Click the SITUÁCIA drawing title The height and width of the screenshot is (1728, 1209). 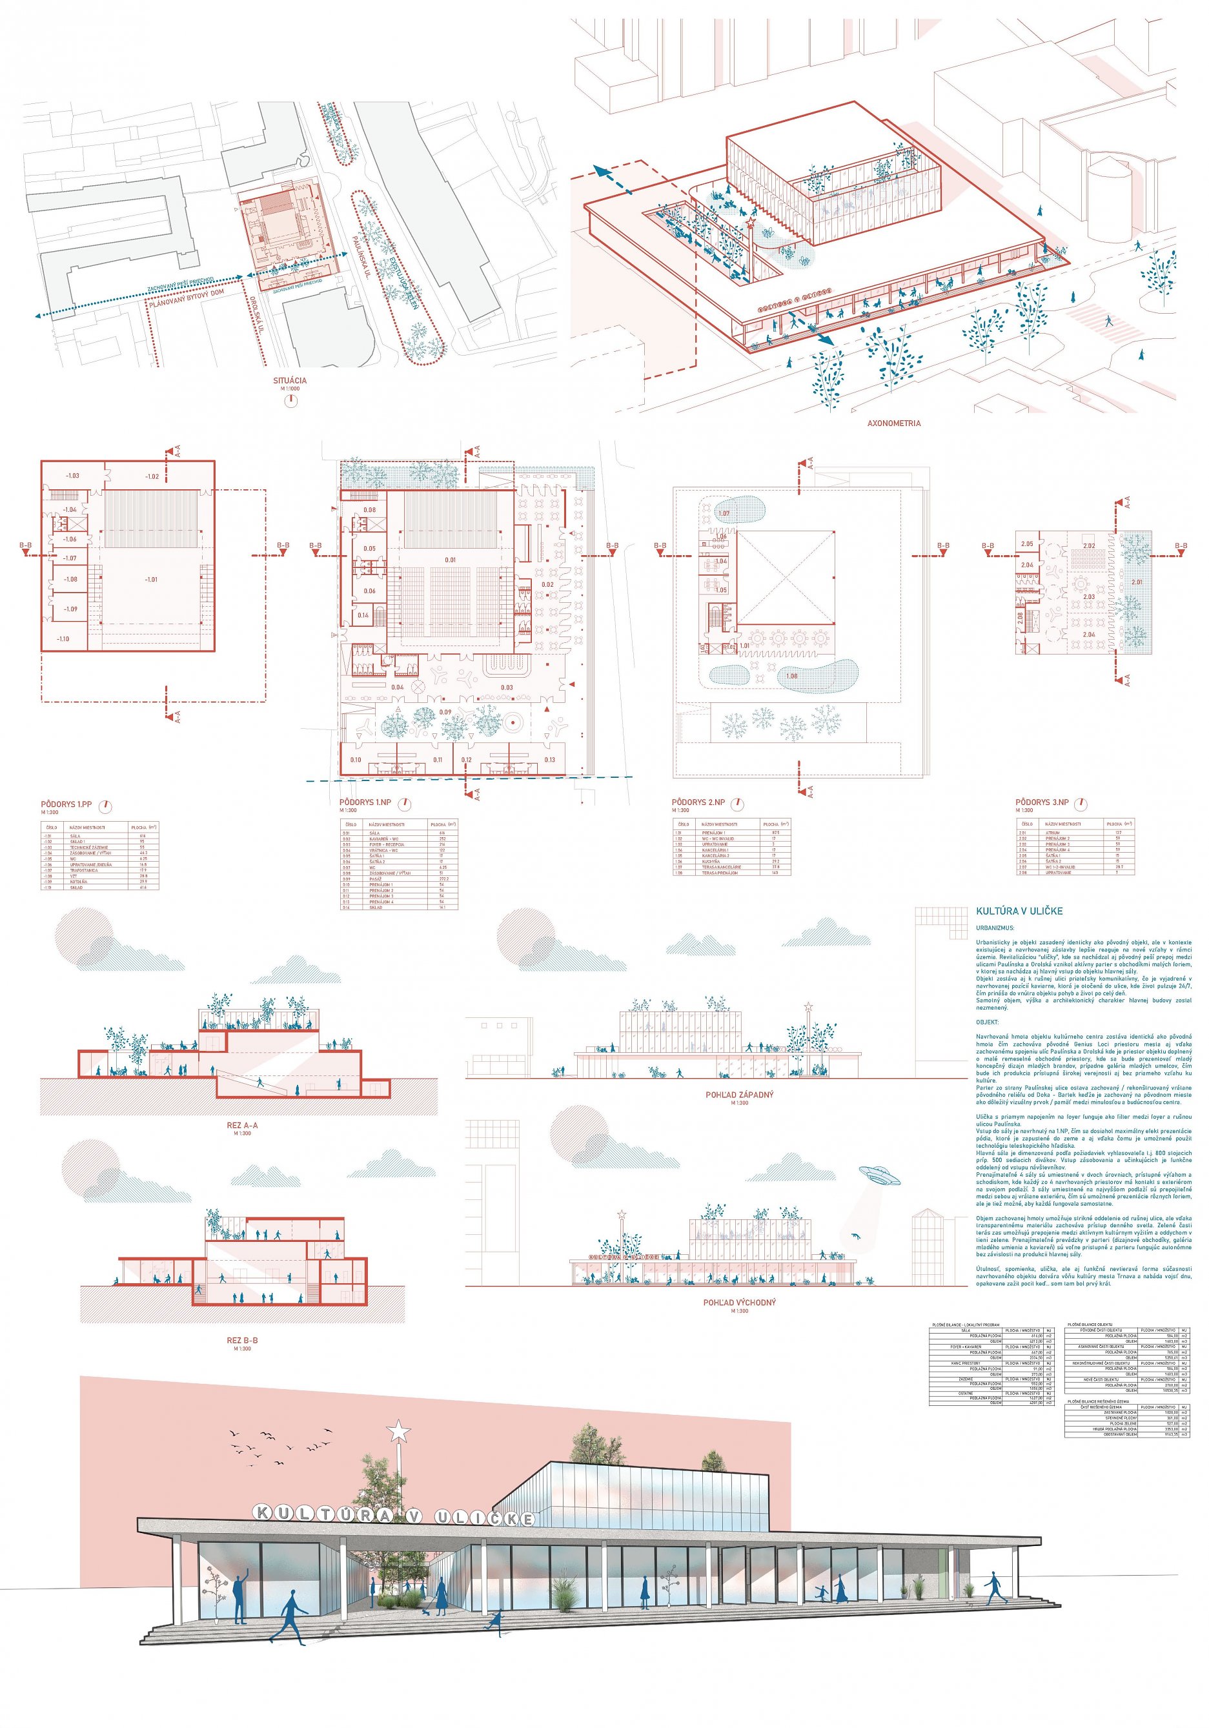[290, 381]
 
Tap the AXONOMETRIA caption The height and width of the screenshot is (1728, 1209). [893, 423]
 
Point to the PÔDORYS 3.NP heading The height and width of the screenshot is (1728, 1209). [1042, 803]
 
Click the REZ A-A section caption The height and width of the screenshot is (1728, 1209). [241, 1126]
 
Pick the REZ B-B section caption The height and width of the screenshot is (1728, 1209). [241, 1341]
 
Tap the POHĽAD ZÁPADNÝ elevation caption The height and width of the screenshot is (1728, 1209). [738, 1095]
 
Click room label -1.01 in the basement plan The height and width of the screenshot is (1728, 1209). [151, 580]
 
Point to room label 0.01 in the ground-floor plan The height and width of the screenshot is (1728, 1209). [450, 560]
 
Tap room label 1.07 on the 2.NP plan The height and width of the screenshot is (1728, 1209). [724, 513]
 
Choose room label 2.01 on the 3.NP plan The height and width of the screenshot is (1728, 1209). [1136, 582]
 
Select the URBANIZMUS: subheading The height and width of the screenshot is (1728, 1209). [995, 930]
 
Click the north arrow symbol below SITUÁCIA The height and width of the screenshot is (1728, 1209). [290, 400]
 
